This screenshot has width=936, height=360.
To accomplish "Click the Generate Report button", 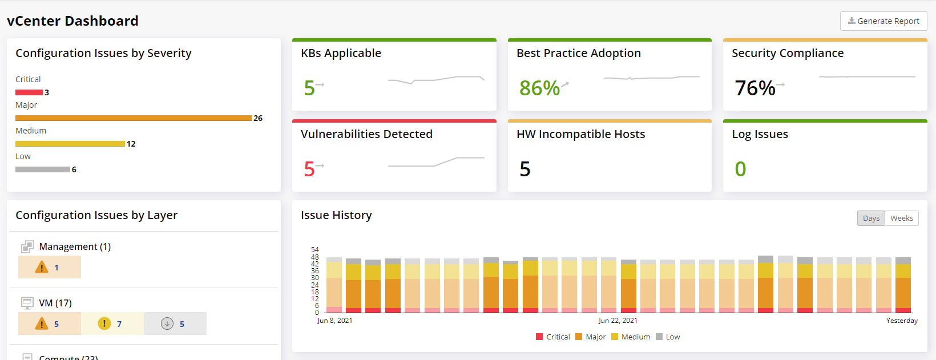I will click(x=883, y=21).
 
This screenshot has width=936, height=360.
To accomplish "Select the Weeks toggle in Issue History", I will click(x=901, y=219).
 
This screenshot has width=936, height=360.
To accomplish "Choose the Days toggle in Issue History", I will click(x=871, y=219).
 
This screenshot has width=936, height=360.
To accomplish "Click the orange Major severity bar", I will click(x=133, y=118).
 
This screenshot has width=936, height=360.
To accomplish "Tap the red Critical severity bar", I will click(x=29, y=92).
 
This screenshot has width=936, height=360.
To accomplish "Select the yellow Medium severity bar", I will click(x=70, y=144).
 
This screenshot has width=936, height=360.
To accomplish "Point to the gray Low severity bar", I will click(x=42, y=169).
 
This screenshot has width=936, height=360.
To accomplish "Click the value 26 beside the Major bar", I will click(x=258, y=118).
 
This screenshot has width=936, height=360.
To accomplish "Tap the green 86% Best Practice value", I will click(x=539, y=88).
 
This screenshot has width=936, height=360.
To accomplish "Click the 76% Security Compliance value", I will click(x=755, y=88).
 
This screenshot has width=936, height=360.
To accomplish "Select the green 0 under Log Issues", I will click(x=740, y=169).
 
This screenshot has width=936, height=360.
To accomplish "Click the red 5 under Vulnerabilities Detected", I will click(x=309, y=169).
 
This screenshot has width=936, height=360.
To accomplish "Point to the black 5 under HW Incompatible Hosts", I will click(x=525, y=169).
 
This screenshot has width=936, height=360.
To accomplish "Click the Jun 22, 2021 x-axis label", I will click(x=618, y=321).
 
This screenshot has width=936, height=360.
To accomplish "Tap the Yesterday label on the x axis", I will click(x=902, y=321).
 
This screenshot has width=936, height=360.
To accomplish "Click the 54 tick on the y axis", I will click(x=315, y=250).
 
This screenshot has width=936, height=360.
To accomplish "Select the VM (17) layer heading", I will click(x=55, y=303).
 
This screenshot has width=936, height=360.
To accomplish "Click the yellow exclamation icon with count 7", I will click(x=104, y=323).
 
